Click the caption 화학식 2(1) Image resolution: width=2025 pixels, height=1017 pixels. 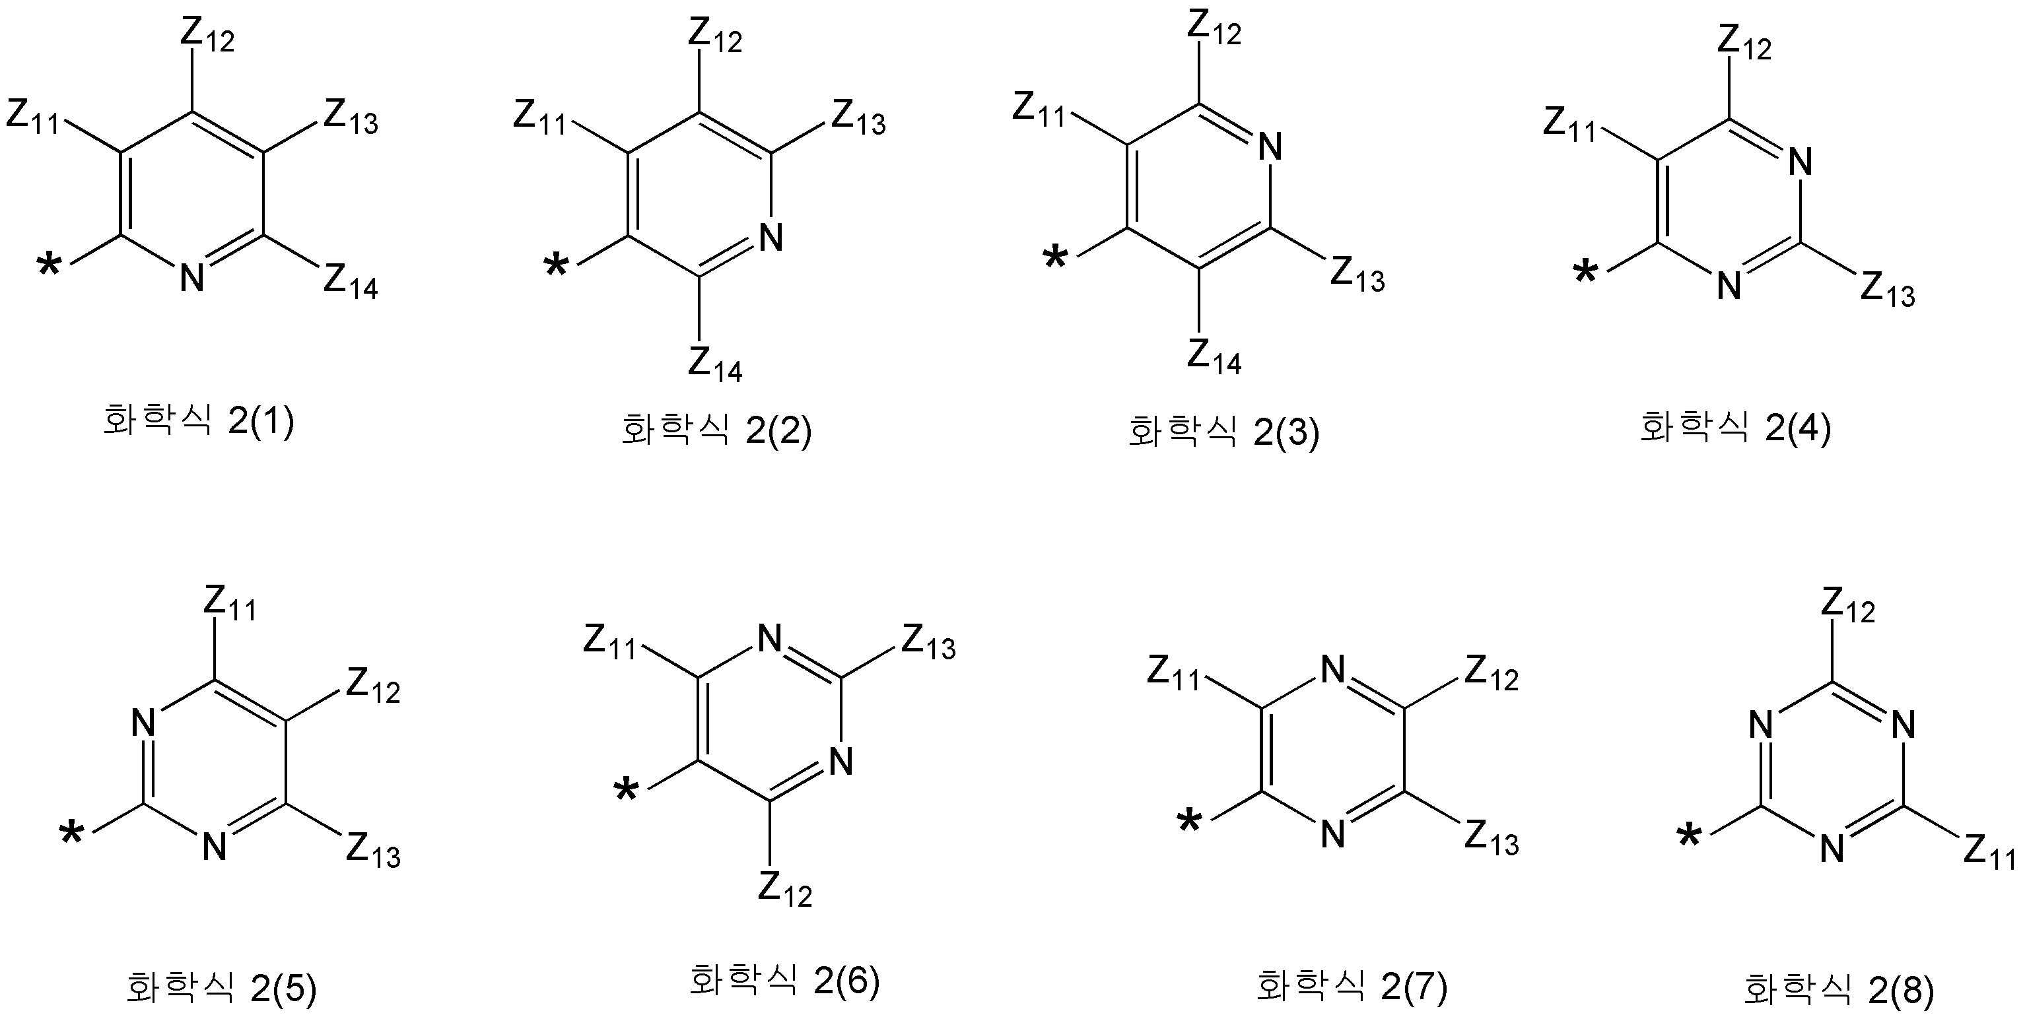tap(199, 422)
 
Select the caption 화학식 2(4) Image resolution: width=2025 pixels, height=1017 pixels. tap(1735, 427)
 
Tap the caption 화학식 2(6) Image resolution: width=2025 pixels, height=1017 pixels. tap(784, 979)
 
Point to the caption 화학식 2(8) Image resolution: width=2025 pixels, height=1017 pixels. tap(1839, 989)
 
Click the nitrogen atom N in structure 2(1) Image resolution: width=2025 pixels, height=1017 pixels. tap(192, 277)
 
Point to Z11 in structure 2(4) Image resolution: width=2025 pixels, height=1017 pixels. tap(1571, 123)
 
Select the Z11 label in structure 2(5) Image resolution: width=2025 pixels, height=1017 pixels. tap(230, 603)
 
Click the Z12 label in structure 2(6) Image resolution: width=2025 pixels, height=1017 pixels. tap(784, 890)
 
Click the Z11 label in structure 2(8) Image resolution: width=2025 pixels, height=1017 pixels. tap(1991, 851)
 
